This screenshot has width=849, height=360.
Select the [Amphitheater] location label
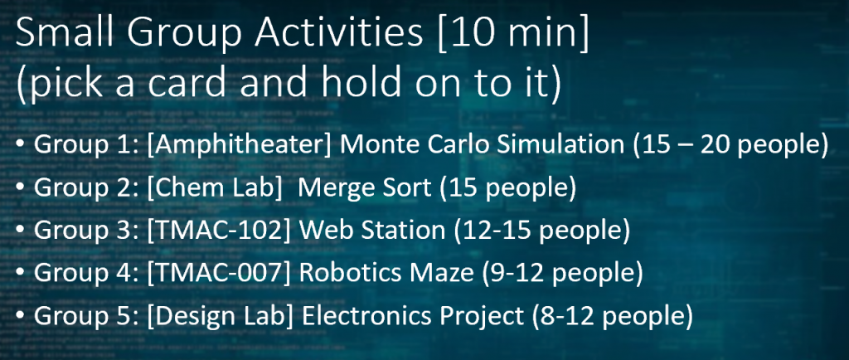pyautogui.click(x=239, y=145)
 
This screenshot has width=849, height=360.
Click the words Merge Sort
pyautogui.click(x=365, y=187)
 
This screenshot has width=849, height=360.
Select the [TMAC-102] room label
pyautogui.click(x=219, y=231)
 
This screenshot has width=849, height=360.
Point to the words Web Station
pyautogui.click(x=372, y=230)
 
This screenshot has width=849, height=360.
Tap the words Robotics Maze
pyautogui.click(x=386, y=273)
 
